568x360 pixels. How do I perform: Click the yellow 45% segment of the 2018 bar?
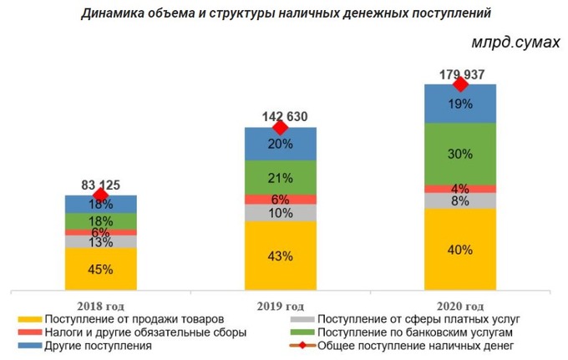tap(100, 269)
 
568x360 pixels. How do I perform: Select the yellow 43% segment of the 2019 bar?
tap(281, 255)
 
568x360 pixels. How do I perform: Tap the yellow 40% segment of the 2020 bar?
tap(460, 249)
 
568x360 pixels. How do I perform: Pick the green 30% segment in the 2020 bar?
tap(460, 154)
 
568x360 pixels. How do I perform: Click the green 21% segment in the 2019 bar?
tap(281, 177)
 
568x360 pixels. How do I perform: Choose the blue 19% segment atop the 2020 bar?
tap(460, 104)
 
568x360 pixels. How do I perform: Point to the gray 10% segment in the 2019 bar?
tap(281, 212)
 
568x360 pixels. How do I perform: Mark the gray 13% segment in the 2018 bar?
tap(100, 242)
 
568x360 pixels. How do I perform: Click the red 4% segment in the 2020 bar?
tap(460, 188)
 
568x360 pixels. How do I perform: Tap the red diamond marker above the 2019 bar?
tap(281, 127)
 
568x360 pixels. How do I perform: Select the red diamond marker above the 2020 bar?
tap(460, 84)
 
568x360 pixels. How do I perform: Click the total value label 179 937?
tap(460, 73)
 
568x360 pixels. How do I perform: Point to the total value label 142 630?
tap(281, 116)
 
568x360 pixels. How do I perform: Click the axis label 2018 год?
tap(100, 305)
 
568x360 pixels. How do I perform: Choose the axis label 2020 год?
tap(460, 305)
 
